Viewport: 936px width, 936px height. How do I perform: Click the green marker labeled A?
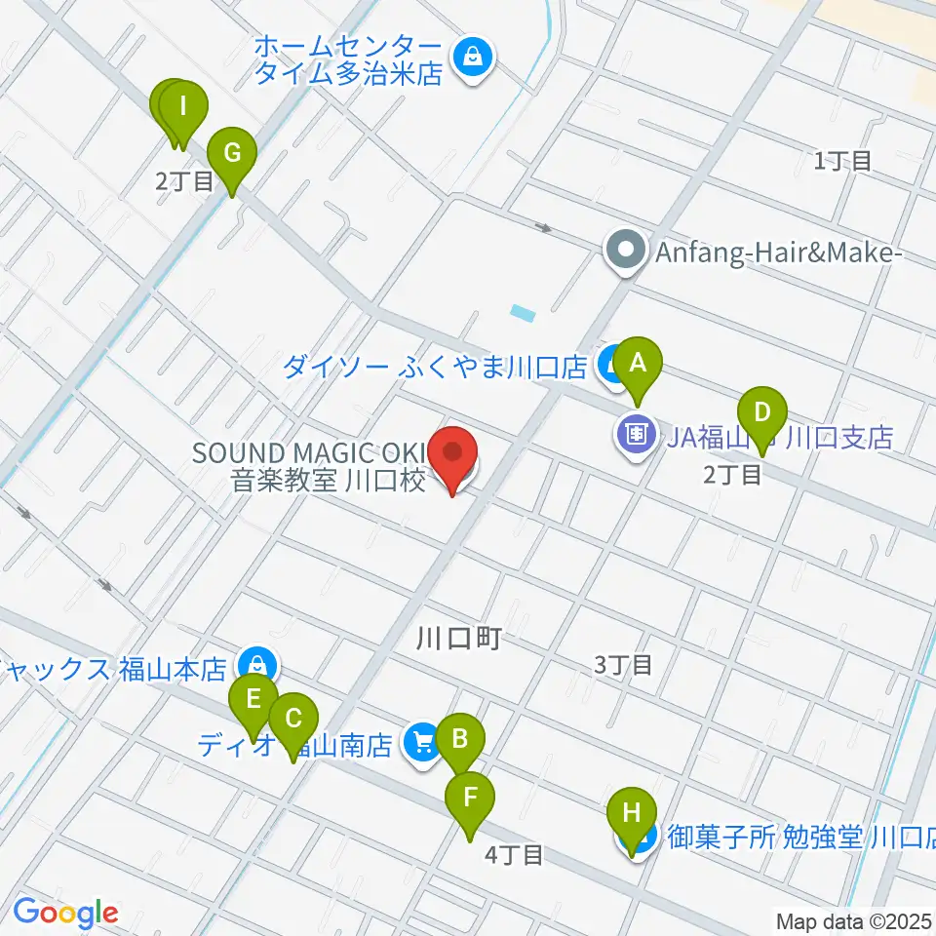639,364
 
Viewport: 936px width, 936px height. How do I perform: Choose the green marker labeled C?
292,721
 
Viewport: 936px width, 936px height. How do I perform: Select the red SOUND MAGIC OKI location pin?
453,455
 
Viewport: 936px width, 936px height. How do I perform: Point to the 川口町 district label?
457,639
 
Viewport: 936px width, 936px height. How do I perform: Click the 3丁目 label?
624,666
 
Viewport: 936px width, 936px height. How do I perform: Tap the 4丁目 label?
514,855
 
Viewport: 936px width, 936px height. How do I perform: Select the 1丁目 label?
843,161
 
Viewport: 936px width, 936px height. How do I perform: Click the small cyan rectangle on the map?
523,314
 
